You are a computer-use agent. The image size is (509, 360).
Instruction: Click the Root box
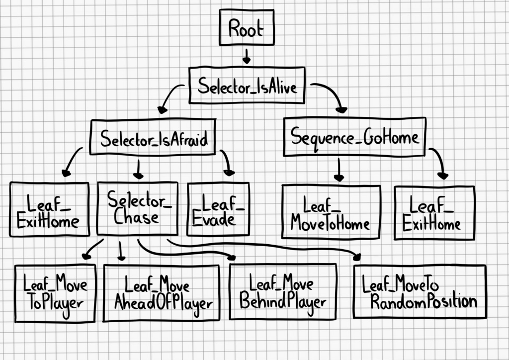click(x=246, y=29)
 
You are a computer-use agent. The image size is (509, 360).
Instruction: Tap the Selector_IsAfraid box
click(x=153, y=137)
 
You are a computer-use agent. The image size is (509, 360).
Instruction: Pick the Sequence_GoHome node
click(x=354, y=137)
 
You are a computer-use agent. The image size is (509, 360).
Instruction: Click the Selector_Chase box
click(x=137, y=209)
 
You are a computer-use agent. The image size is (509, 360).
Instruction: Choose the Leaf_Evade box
click(x=218, y=209)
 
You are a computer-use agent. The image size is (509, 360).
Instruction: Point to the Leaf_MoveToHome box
click(x=331, y=212)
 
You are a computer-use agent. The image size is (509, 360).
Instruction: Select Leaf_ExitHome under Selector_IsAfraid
click(x=49, y=209)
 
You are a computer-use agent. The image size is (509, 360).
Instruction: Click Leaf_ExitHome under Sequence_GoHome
click(x=434, y=212)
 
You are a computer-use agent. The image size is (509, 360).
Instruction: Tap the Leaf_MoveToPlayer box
click(x=55, y=293)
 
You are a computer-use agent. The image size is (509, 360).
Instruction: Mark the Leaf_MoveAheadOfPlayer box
click(x=161, y=293)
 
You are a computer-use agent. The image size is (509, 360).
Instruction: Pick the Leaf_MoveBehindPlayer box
click(x=283, y=291)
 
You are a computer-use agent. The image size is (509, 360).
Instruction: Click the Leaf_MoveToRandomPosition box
click(x=420, y=292)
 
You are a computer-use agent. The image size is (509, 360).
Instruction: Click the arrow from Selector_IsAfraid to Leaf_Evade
click(x=226, y=162)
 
